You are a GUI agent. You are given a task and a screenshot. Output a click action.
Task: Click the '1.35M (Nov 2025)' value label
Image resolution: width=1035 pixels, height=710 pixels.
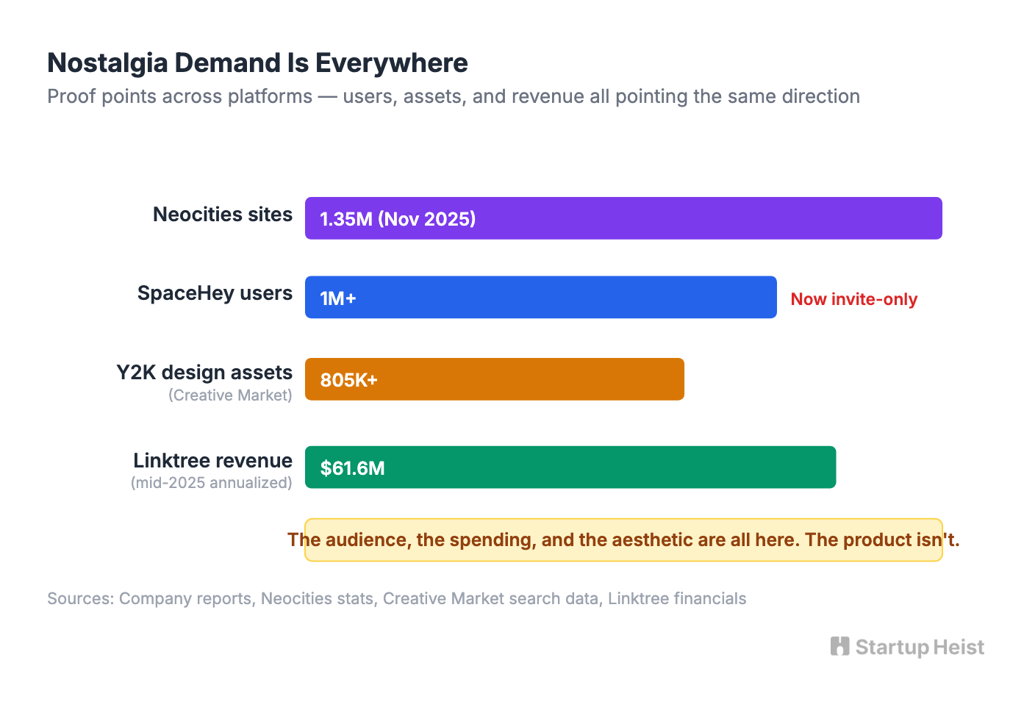(398, 219)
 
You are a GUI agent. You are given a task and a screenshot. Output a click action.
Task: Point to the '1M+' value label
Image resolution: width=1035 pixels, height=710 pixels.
(338, 298)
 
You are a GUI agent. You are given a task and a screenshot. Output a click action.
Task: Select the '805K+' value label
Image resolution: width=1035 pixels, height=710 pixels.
(348, 380)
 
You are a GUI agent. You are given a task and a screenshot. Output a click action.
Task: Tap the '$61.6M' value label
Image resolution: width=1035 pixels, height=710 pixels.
(352, 468)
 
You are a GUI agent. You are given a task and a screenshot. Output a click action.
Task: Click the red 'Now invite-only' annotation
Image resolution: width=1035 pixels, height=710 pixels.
(853, 299)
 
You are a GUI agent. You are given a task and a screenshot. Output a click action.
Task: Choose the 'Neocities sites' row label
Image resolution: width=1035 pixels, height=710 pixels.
(222, 215)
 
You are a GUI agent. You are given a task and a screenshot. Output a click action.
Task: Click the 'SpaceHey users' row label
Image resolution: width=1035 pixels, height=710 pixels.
(215, 293)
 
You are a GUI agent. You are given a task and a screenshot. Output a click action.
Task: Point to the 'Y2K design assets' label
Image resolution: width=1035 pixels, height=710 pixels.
(204, 373)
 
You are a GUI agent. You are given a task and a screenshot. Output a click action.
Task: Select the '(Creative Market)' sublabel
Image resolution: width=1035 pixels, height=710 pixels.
(230, 395)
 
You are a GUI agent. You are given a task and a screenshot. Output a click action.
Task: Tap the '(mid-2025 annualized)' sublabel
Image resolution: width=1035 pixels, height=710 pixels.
(212, 483)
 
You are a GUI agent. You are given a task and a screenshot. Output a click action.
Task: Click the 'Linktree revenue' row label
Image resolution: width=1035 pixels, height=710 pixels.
(212, 461)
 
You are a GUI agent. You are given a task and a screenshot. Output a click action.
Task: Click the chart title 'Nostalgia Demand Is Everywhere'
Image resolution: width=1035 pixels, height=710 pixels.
(257, 63)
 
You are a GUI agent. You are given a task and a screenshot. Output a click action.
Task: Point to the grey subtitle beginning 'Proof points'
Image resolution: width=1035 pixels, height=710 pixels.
(453, 96)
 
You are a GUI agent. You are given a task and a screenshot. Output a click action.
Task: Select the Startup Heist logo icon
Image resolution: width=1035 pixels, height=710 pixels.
(839, 647)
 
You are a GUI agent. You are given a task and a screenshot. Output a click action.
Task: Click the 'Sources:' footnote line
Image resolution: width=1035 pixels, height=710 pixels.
(396, 598)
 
